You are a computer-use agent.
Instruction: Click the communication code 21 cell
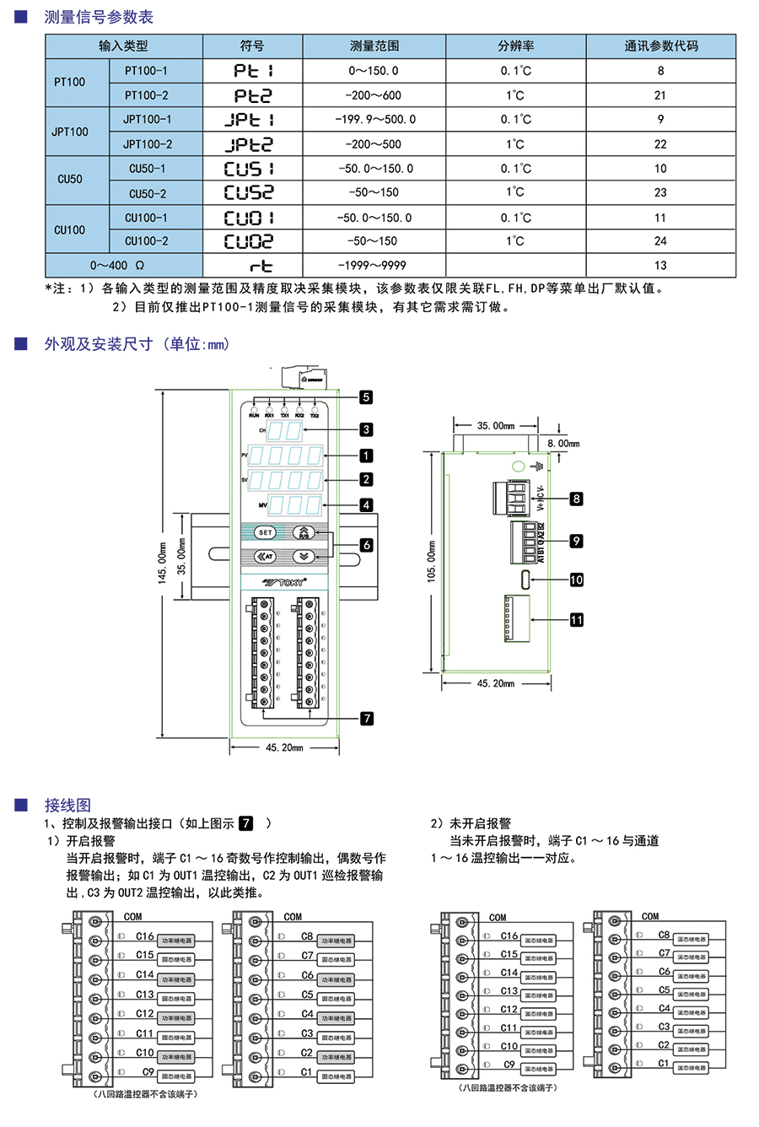(x=660, y=95)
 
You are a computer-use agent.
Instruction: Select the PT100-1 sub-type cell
(x=146, y=71)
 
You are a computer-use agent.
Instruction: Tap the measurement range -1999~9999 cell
(x=374, y=265)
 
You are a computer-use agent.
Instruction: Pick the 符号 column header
(x=252, y=46)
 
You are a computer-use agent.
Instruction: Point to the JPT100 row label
(x=70, y=132)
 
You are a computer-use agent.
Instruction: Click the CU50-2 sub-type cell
(x=148, y=193)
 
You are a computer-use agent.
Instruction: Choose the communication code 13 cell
(x=660, y=265)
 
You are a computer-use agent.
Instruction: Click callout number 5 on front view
(x=365, y=397)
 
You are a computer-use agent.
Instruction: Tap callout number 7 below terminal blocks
(x=366, y=719)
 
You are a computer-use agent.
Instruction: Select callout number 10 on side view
(x=577, y=580)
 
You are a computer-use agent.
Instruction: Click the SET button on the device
(x=266, y=532)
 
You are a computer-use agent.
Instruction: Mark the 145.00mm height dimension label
(x=162, y=563)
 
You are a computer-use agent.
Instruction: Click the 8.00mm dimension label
(x=563, y=444)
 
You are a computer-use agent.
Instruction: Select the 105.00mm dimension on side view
(x=432, y=563)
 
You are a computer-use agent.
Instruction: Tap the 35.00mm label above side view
(x=495, y=426)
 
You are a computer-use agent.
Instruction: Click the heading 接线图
(x=67, y=805)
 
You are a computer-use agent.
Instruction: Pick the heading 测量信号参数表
(x=99, y=17)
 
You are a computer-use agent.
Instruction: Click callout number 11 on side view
(x=577, y=620)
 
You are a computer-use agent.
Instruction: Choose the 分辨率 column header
(x=515, y=46)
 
